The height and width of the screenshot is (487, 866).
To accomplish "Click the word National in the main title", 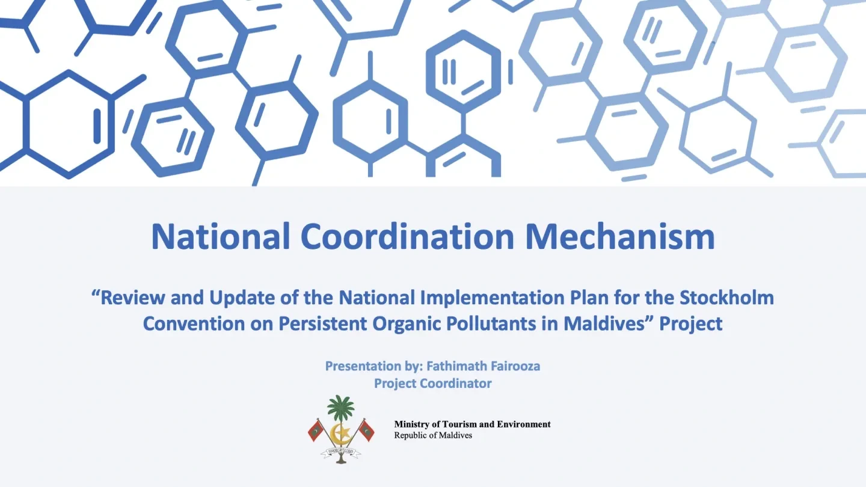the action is point(220,236).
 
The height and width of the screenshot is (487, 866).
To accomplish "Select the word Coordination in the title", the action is point(407,236).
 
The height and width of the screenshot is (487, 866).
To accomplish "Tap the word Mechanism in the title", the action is point(619,236).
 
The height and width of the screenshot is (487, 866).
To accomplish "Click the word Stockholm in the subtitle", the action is point(727,298).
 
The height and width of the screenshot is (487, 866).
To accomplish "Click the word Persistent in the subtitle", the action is point(322,324).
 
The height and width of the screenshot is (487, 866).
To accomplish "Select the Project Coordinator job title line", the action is point(432,384).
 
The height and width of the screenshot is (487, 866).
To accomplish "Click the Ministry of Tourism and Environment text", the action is point(473,424).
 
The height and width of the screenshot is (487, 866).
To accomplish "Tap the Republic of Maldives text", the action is point(433,435).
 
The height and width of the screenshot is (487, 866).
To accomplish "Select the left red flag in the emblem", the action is point(316,430).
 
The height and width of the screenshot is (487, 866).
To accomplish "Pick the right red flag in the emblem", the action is point(366,430).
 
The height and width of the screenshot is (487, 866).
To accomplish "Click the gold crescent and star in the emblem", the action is point(341,433).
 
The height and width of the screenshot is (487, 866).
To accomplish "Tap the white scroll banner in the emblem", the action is point(340,452).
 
